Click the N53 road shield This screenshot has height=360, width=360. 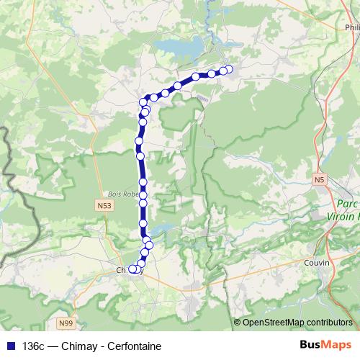pyautogui.click(x=104, y=206)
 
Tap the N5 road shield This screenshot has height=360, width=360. pyautogui.click(x=320, y=179)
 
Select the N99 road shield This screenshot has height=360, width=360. pyautogui.click(x=66, y=323)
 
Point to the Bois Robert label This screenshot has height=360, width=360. pyautogui.click(x=122, y=193)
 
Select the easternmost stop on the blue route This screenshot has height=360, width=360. pyautogui.click(x=230, y=69)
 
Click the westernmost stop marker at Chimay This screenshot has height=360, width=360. pyautogui.click(x=132, y=269)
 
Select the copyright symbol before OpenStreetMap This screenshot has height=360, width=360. pyautogui.click(x=237, y=322)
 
